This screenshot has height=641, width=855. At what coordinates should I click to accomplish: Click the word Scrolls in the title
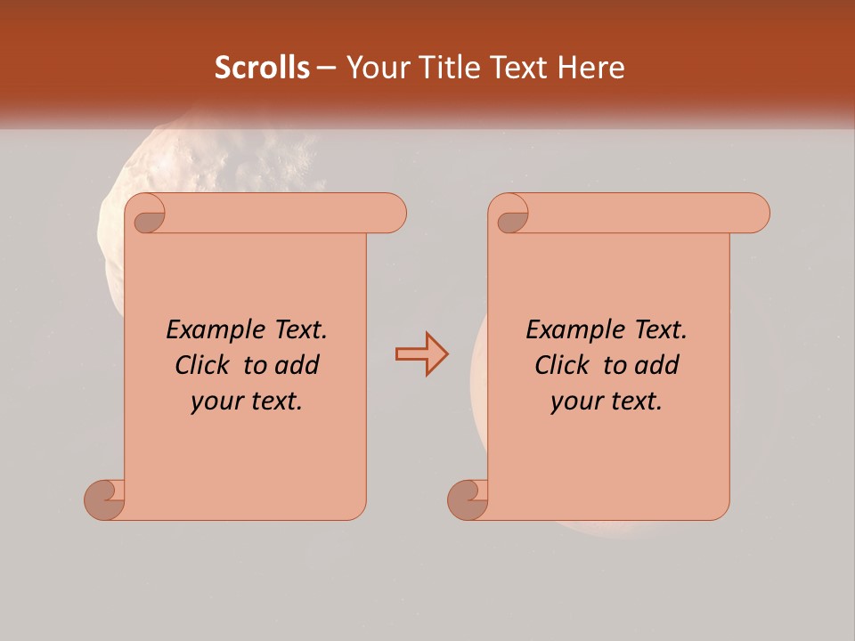coord(262,68)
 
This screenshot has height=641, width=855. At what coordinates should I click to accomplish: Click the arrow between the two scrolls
coord(421,354)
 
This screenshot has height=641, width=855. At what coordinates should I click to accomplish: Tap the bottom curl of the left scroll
coord(105,499)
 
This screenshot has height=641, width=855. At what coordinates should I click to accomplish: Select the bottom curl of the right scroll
coord(468,499)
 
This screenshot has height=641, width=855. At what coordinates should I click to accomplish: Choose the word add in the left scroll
coord(297,366)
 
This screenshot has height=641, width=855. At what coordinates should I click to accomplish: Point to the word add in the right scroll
coord(657,366)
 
